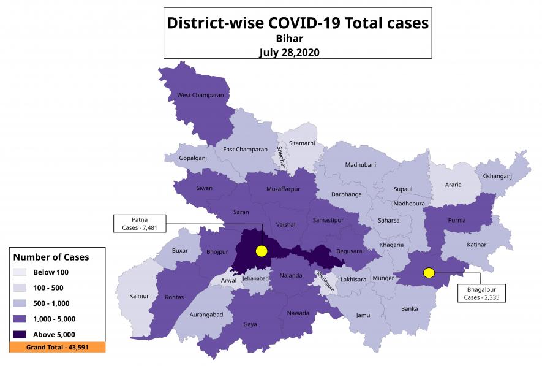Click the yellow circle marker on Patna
(x=262, y=251)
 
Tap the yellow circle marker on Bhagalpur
(x=429, y=273)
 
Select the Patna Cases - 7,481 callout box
(x=140, y=223)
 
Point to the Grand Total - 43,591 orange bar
(x=57, y=347)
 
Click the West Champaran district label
(x=200, y=96)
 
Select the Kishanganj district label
(x=497, y=176)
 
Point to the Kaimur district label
(x=139, y=296)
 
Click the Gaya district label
(x=250, y=324)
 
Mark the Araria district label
(x=454, y=184)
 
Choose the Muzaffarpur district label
(x=284, y=189)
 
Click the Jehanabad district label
(x=255, y=278)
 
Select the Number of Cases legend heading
(x=51, y=257)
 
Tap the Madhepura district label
(x=409, y=204)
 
